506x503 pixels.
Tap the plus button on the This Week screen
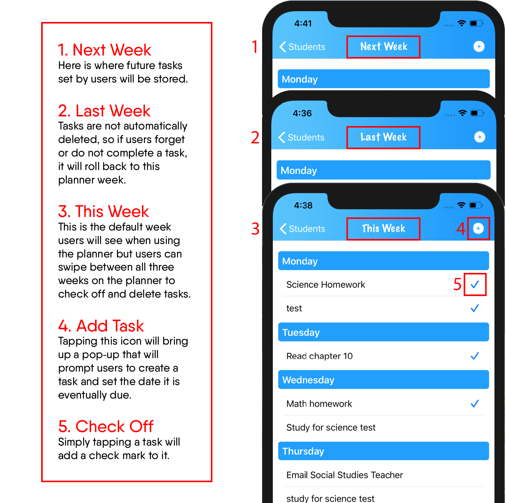coord(478,228)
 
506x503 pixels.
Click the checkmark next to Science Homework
coord(474,284)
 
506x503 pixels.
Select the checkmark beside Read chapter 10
coord(474,356)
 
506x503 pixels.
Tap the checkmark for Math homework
coord(474,404)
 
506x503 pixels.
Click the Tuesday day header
coord(383,332)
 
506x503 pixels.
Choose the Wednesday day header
coord(383,380)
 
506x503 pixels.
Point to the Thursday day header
coord(383,451)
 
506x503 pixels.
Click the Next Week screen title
coord(384,47)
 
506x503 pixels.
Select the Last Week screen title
coord(383,137)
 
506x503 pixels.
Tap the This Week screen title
coord(383,228)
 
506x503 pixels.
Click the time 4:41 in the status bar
coord(303,24)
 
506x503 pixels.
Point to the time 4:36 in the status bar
coord(302,113)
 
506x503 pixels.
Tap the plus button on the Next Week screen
coord(479,47)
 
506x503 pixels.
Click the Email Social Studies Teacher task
coord(344,475)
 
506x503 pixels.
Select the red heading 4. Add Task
coord(101,326)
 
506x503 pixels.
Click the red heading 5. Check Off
coord(105,426)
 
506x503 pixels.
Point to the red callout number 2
coord(255,138)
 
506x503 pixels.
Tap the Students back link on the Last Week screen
coord(301,137)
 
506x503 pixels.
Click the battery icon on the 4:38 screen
coord(476,205)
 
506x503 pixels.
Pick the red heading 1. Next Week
coord(105,50)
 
